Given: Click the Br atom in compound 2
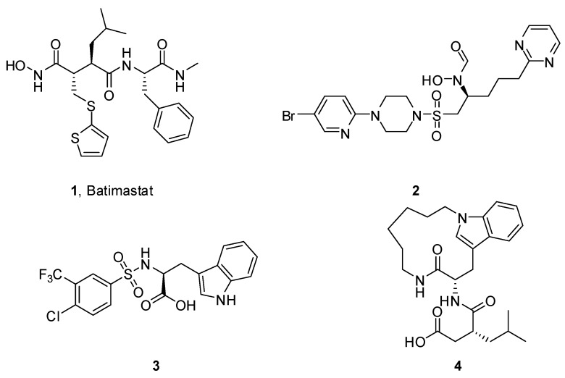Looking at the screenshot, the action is click(289, 114).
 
